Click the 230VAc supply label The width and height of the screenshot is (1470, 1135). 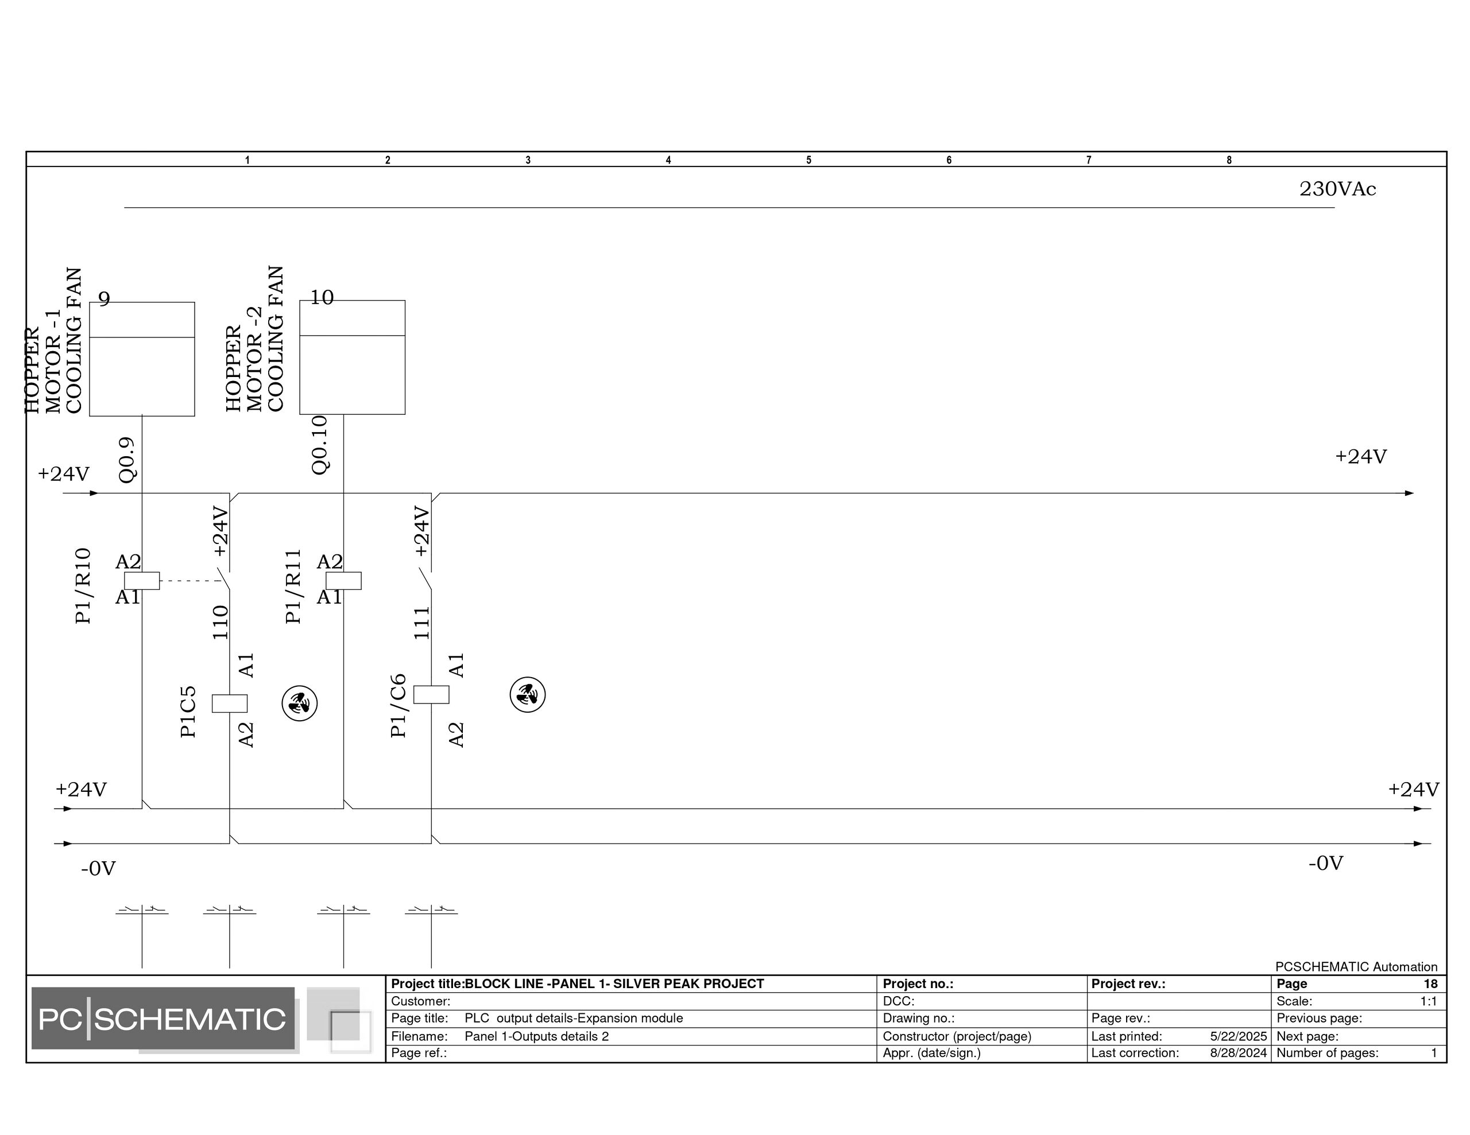(x=1337, y=189)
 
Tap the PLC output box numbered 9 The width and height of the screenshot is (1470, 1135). (x=142, y=359)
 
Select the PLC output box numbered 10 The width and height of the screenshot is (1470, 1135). (x=352, y=357)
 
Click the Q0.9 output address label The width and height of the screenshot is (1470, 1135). (x=127, y=460)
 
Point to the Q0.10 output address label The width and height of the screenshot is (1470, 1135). (x=320, y=445)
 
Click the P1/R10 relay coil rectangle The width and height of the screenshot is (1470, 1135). (x=142, y=581)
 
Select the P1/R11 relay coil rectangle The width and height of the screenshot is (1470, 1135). (x=344, y=581)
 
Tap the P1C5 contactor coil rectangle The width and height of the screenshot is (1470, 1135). (x=230, y=703)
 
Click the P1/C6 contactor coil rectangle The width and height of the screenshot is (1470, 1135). (x=431, y=694)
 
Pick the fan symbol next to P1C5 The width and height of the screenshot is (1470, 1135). (x=300, y=703)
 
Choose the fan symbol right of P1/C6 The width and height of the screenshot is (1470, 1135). (x=528, y=695)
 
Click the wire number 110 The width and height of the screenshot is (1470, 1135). (x=220, y=623)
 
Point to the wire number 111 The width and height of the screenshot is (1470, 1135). (x=421, y=623)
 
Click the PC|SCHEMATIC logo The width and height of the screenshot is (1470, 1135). (x=163, y=1019)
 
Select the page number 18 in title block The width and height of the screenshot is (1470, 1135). (x=1430, y=984)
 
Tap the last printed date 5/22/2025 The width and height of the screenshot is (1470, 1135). (x=1239, y=1036)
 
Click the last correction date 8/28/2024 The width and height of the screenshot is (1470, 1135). (x=1239, y=1053)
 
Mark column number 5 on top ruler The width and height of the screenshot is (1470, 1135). (x=809, y=160)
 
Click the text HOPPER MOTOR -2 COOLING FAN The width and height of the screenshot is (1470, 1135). (x=255, y=339)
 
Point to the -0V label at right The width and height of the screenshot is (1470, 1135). (x=1326, y=863)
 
